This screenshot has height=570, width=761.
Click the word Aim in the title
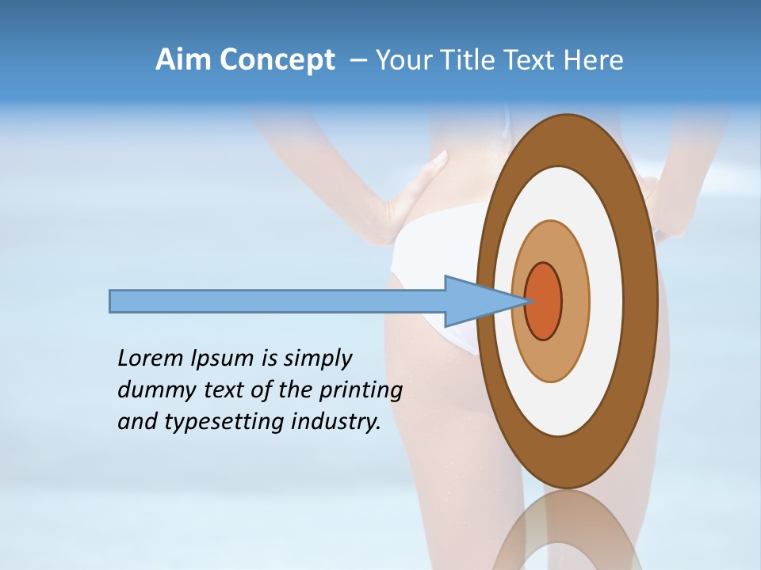184,60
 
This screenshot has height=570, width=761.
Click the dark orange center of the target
544,302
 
